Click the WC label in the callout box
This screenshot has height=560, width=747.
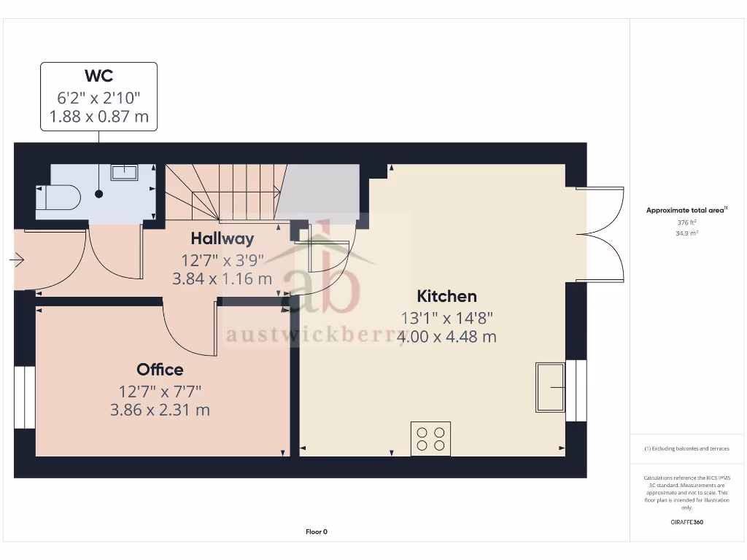[98, 76]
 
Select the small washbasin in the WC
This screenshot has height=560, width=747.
[124, 172]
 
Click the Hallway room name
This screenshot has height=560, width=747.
[222, 238]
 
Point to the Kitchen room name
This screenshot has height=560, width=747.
[446, 296]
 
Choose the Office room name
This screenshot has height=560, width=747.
[160, 370]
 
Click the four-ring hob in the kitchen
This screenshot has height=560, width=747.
[430, 438]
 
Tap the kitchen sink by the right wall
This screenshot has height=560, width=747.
[550, 386]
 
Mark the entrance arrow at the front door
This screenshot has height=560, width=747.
[18, 260]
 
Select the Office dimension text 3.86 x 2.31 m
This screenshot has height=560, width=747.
[160, 411]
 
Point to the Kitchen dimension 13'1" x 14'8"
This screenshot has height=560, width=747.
[447, 318]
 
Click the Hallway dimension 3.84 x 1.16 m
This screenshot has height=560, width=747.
[222, 279]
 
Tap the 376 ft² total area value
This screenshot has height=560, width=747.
[686, 222]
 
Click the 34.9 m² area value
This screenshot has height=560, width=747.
[686, 233]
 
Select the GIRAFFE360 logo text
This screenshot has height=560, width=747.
[686, 522]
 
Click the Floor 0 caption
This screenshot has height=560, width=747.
[316, 532]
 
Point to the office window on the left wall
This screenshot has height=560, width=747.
[25, 397]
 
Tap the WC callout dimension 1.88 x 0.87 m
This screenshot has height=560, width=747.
[98, 116]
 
